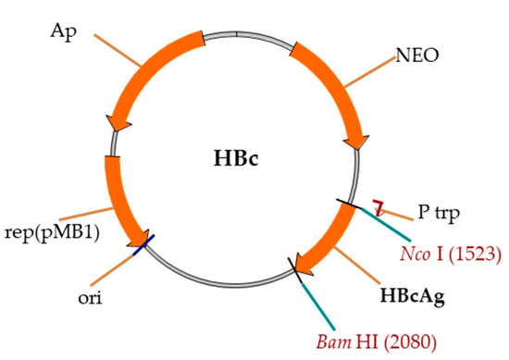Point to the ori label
[93, 299]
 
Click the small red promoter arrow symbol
[378, 204]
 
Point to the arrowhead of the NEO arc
[355, 139]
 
